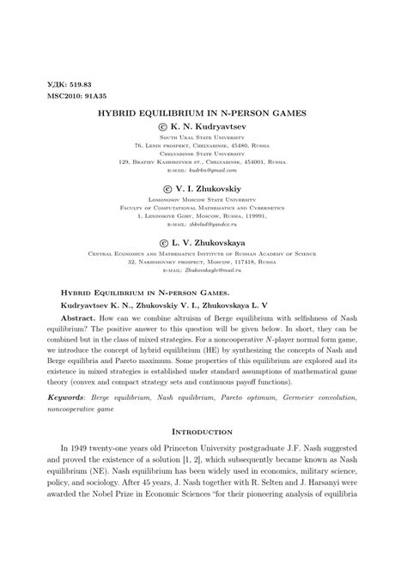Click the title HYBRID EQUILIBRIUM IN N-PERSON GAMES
coord(203,112)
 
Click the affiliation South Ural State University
coord(203,137)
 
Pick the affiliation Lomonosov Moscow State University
coord(203,198)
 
